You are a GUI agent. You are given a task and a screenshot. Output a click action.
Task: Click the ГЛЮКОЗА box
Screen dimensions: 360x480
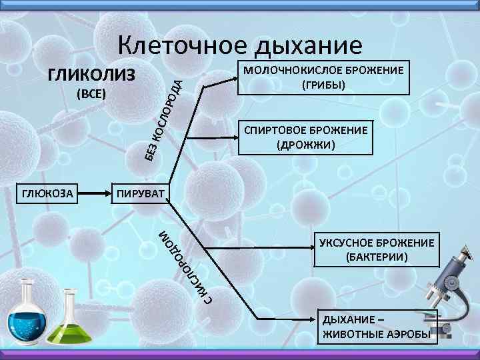coord(48,194)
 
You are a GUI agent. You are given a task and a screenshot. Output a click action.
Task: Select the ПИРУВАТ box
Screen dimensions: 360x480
coord(141,194)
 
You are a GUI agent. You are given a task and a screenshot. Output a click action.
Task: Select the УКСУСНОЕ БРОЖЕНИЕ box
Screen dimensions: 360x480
coord(377,249)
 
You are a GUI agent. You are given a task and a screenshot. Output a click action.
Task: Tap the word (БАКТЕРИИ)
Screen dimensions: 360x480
coord(377,256)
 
